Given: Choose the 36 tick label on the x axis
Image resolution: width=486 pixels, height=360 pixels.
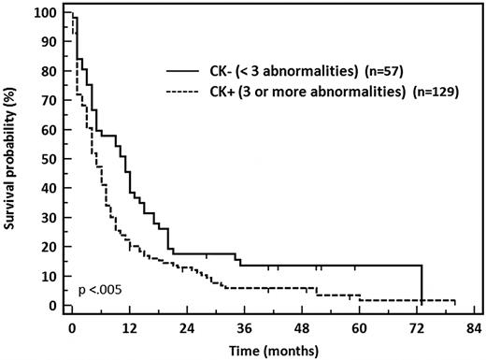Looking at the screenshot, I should (244, 328).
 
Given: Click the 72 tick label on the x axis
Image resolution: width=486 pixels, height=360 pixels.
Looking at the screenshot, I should (417, 328).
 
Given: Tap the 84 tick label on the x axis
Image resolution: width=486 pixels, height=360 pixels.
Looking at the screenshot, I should (474, 328).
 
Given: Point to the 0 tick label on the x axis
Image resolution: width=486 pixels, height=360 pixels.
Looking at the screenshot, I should (71, 328).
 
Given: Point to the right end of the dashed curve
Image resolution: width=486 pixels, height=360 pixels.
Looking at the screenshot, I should (455, 301).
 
